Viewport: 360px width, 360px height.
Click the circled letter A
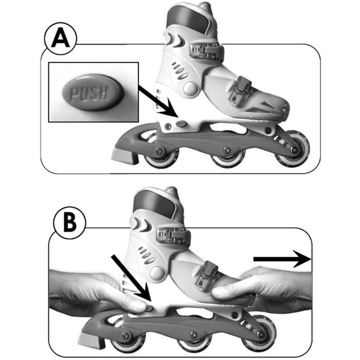coord(60,39)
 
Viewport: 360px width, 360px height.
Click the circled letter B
coord(69,223)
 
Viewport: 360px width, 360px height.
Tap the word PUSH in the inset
coord(89,93)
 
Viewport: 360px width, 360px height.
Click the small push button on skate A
coord(182,124)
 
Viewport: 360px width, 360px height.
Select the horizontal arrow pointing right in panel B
coord(282,259)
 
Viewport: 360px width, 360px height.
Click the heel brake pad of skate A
coord(124,156)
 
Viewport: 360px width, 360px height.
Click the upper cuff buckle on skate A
coord(207,51)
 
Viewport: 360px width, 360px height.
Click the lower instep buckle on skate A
coord(239,90)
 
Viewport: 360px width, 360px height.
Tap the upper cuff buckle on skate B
coord(173,236)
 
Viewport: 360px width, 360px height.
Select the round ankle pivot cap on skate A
coord(191,88)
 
